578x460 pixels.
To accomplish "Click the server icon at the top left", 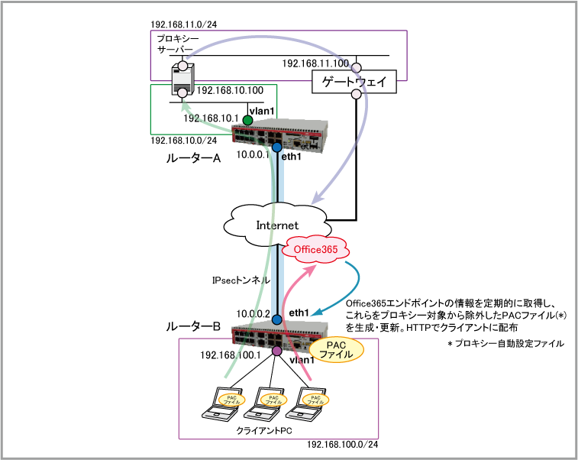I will click(x=182, y=79).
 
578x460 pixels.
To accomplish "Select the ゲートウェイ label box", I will click(x=354, y=81).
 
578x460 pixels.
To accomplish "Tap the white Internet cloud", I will click(x=277, y=225).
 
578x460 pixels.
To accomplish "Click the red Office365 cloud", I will click(x=315, y=249).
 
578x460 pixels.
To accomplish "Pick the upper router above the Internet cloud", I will click(x=280, y=134).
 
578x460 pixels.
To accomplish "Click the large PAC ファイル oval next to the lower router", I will click(x=336, y=349).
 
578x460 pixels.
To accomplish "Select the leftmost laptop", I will click(x=222, y=405).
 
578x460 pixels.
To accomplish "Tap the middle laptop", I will click(x=264, y=405).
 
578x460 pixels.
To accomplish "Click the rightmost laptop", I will click(x=306, y=405).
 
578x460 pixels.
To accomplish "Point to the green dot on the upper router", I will click(x=247, y=120).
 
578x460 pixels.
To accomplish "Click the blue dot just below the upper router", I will click(x=276, y=147).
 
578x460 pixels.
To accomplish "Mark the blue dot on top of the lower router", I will click(x=277, y=319).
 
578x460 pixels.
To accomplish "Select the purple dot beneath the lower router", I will click(x=277, y=351).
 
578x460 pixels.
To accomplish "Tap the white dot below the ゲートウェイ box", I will click(x=356, y=95).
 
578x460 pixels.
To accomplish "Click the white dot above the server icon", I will click(x=183, y=66).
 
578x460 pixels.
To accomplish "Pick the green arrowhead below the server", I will click(x=184, y=107).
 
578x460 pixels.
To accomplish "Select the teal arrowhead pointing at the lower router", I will click(x=314, y=314).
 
